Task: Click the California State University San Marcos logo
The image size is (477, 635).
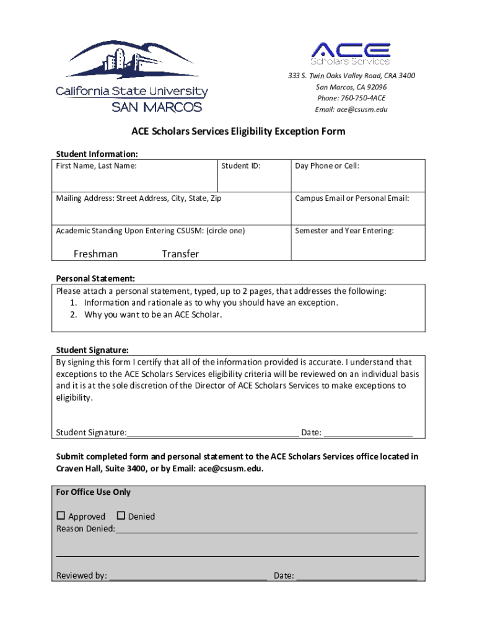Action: (131, 76)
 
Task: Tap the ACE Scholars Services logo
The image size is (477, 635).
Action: (351, 53)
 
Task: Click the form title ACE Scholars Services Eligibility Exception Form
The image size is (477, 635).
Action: (238, 131)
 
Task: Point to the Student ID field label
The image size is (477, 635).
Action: (241, 166)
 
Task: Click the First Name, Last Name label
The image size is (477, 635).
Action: (97, 166)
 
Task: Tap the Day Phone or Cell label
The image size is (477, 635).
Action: (327, 166)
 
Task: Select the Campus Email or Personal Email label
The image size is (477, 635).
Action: (352, 198)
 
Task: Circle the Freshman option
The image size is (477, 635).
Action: (95, 254)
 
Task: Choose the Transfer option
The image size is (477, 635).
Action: (180, 254)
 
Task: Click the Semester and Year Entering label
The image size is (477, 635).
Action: (344, 231)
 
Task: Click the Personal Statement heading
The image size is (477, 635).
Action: (95, 278)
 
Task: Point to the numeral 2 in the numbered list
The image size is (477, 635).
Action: (73, 314)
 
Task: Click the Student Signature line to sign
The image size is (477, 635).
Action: (213, 432)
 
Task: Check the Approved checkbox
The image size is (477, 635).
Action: (61, 515)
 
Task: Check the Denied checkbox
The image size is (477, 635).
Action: (121, 515)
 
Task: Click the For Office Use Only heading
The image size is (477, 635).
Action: (94, 492)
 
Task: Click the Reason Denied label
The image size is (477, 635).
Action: (85, 529)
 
